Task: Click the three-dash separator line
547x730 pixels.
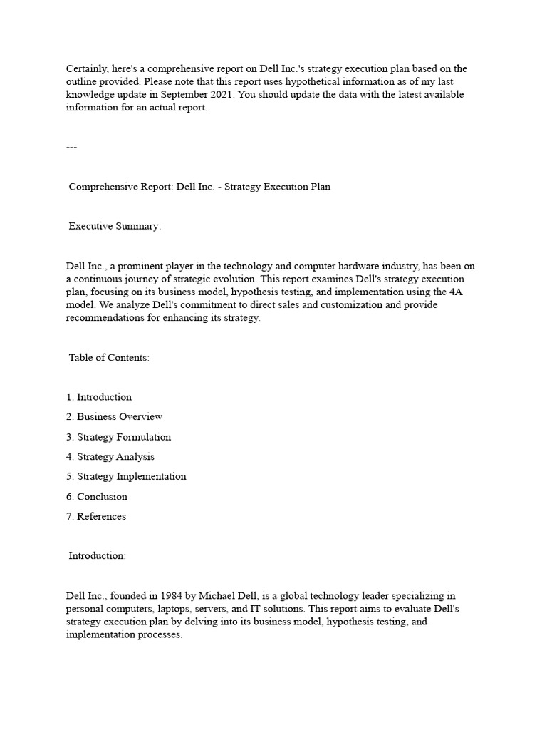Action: (71, 147)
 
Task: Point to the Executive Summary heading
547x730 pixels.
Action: (115, 226)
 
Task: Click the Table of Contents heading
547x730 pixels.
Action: (109, 358)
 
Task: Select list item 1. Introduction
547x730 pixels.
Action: (99, 397)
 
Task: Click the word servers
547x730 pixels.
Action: (225, 608)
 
